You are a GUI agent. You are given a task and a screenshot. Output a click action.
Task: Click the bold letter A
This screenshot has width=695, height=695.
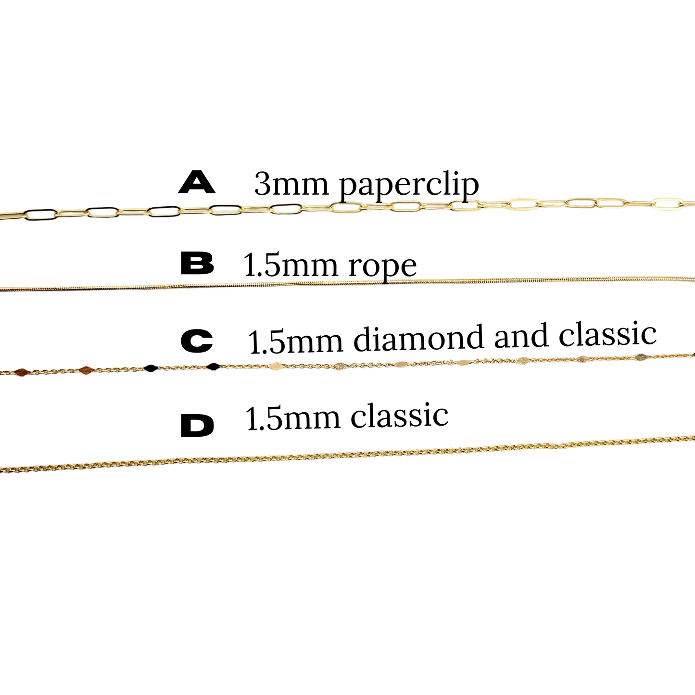tap(197, 182)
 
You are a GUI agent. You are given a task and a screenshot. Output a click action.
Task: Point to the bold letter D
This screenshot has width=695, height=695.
tap(197, 426)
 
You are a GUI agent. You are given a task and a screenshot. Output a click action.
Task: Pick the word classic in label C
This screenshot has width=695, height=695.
tap(607, 334)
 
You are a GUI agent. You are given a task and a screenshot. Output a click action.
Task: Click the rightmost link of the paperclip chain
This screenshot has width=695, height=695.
tap(669, 203)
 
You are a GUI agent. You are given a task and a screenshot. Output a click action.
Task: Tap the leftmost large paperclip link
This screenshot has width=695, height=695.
tap(41, 215)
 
